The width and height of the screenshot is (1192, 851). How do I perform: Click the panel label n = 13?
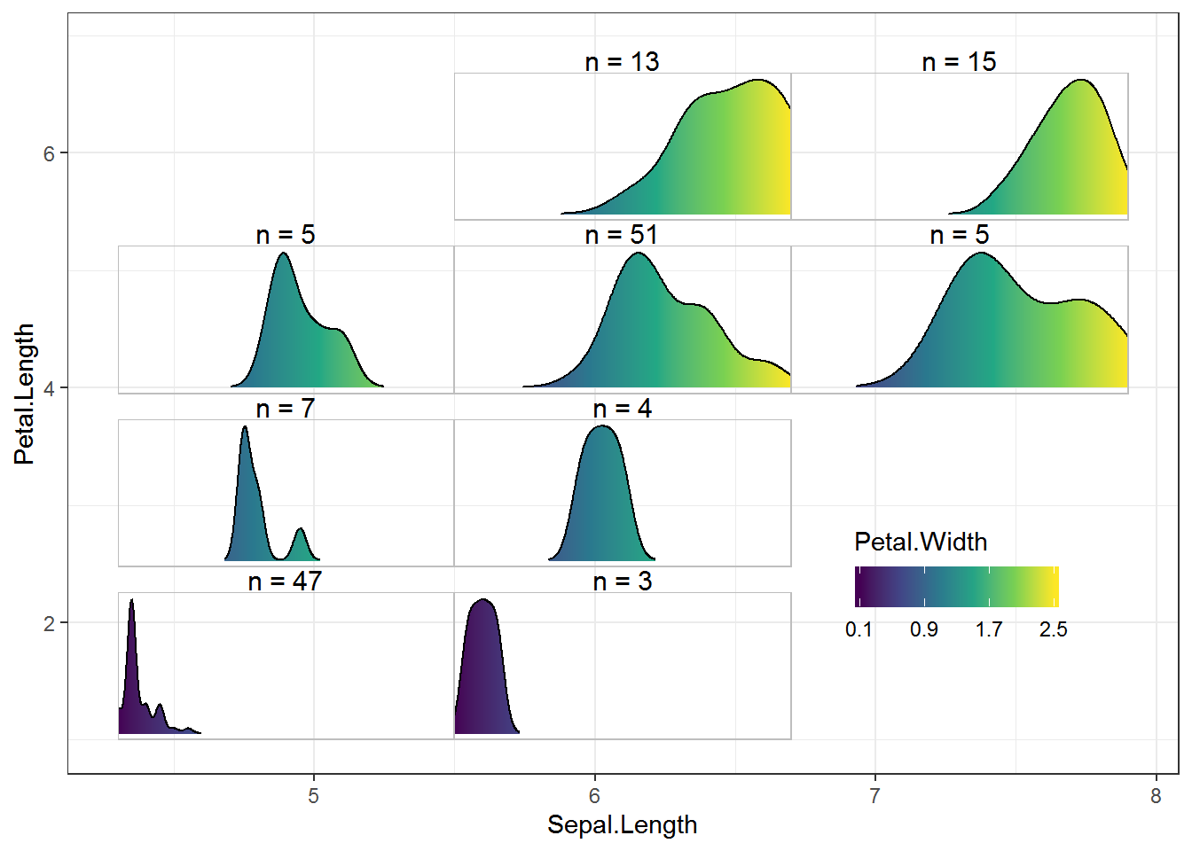(622, 61)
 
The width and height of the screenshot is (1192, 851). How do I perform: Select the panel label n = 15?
(959, 61)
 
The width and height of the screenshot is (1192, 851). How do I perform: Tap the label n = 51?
(622, 234)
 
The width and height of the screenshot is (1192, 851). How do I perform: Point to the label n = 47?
(285, 581)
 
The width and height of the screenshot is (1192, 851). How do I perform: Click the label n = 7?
(285, 408)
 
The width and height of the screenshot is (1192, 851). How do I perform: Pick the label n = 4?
(622, 408)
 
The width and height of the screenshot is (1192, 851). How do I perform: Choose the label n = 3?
(622, 581)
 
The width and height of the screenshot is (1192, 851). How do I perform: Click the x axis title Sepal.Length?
(622, 824)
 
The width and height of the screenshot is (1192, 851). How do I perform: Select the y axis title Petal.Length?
(24, 394)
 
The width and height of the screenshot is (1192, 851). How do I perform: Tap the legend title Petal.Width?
(921, 542)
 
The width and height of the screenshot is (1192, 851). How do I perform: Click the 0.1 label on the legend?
(859, 629)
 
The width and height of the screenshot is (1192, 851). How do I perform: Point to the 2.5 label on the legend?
(1053, 629)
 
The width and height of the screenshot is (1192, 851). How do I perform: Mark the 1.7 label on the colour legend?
(989, 629)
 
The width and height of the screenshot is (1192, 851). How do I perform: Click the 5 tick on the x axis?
(313, 796)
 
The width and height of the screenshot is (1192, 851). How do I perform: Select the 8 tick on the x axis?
(1156, 796)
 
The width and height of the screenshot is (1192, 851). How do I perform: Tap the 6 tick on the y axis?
(49, 153)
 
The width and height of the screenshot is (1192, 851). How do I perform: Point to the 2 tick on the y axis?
(49, 623)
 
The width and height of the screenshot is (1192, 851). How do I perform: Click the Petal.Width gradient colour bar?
(956, 587)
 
